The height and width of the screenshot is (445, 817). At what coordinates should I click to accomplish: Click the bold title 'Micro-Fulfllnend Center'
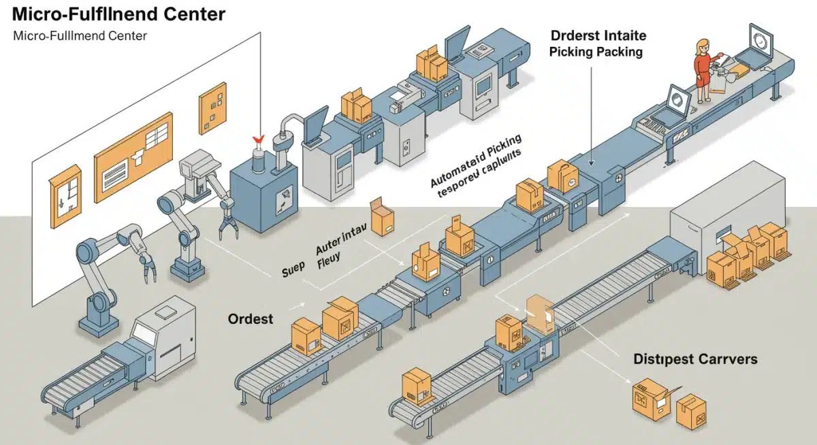click(119, 14)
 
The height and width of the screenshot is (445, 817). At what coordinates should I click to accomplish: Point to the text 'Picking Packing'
click(596, 52)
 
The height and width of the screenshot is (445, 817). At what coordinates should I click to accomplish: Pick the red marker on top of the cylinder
click(257, 139)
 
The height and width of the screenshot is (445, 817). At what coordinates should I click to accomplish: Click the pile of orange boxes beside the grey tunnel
click(746, 255)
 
